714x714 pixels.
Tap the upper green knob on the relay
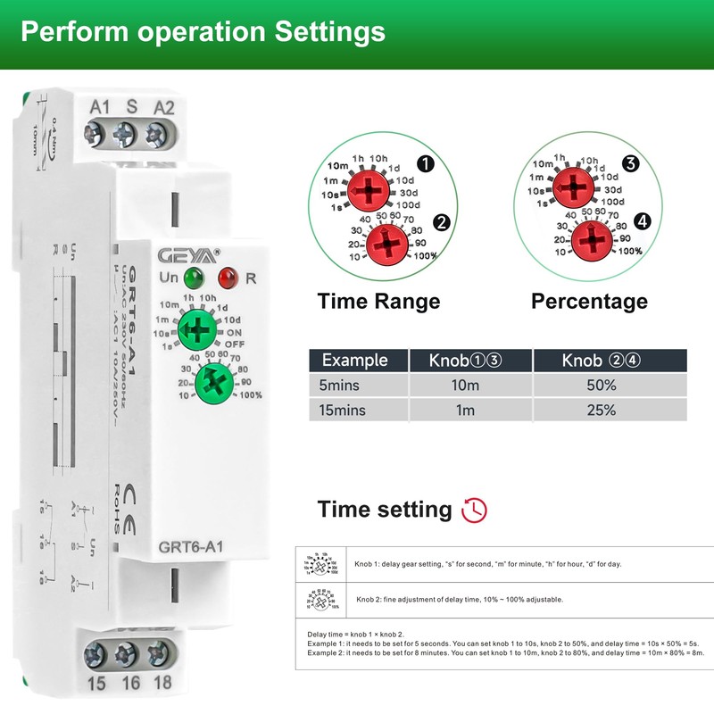198,331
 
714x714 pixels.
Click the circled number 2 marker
441,222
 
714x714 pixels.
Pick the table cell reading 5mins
342,386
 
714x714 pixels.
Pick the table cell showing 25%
602,411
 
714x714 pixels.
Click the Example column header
354,361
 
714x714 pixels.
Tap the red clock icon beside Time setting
474,511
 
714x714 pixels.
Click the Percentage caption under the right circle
589,301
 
